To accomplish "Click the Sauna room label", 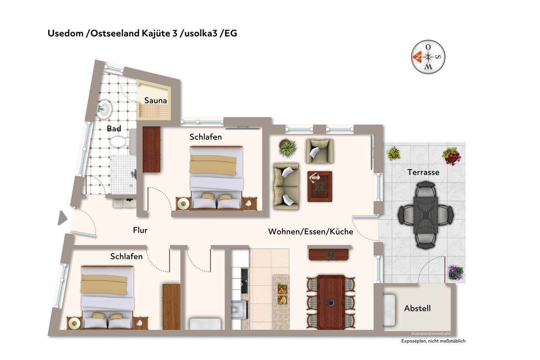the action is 156,100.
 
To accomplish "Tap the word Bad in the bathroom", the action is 114,128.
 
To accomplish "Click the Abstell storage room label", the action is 417,308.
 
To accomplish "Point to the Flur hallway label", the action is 140,230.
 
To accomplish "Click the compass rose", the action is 428,57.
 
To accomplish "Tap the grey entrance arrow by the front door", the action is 62,218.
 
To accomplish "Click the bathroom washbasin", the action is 104,109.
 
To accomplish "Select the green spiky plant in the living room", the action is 288,147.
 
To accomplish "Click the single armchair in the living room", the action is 319,151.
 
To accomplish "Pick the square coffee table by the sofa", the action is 319,186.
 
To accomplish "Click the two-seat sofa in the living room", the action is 286,186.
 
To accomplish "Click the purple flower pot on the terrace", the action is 455,273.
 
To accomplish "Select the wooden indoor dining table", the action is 331,302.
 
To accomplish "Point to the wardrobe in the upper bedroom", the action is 151,149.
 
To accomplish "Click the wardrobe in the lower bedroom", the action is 171,307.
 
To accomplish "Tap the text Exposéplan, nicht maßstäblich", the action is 433,341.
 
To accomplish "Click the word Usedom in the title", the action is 66,33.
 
